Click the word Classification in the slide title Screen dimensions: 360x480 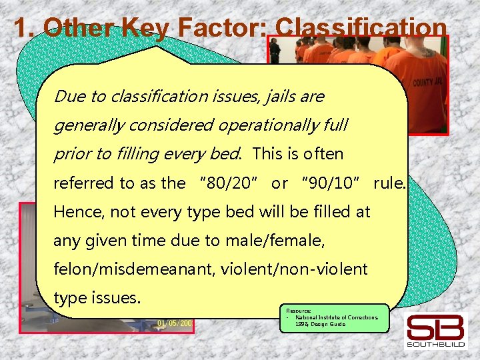[361, 28]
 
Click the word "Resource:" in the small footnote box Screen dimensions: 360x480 [299, 311]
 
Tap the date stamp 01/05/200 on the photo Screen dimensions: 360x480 [175, 323]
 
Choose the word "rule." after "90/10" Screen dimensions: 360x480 [389, 183]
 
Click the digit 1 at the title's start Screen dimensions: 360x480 [20, 28]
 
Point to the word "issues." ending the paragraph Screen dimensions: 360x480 [116, 297]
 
